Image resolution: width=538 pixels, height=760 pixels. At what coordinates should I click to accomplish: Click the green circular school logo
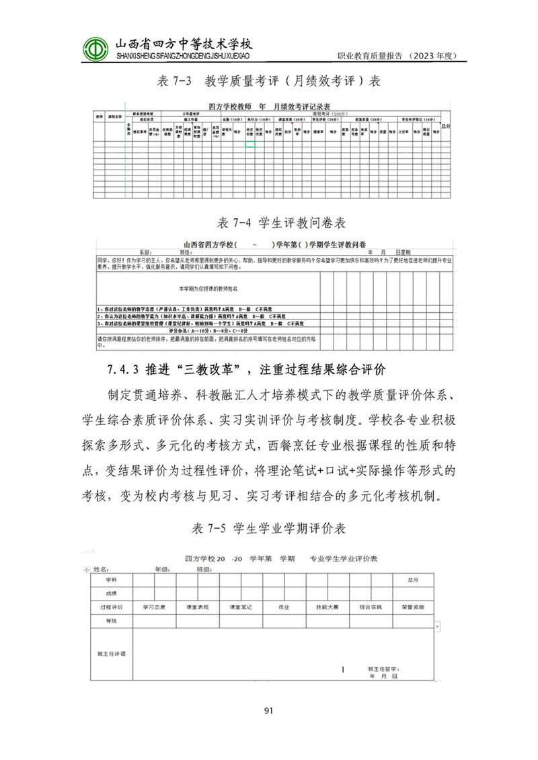[97, 46]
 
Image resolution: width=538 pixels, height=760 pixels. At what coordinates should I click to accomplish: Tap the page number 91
[268, 710]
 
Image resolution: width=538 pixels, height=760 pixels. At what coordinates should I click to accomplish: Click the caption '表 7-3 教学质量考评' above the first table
[268, 81]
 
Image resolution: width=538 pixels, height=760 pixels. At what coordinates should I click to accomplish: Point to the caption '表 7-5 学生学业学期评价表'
[269, 529]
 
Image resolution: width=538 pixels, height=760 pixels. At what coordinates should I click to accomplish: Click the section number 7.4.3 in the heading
[122, 370]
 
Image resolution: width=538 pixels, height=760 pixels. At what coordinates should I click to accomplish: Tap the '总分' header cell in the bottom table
[408, 580]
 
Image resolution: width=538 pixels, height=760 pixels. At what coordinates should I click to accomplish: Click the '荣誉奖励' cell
[412, 607]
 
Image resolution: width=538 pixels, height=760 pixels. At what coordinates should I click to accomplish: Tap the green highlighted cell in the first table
[250, 143]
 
